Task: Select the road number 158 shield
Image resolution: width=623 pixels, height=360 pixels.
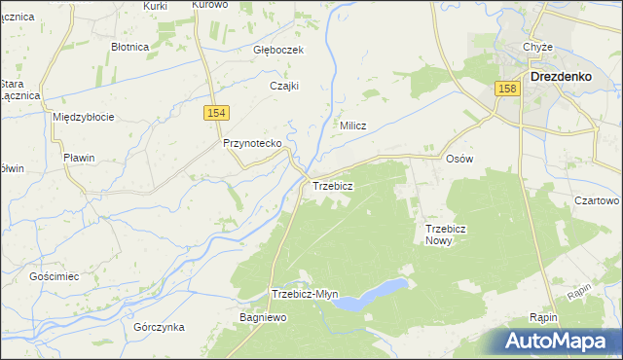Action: (507, 89)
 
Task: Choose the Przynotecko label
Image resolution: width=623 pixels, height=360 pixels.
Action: (252, 143)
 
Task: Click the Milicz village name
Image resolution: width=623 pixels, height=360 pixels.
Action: (352, 126)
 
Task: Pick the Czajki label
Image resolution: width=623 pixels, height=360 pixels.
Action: (283, 86)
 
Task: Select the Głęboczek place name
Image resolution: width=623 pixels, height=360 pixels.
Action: (280, 50)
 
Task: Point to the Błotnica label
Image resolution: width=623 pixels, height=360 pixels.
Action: (129, 46)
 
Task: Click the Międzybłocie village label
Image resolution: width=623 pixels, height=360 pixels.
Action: (84, 117)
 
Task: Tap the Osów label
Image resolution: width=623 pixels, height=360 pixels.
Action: (458, 159)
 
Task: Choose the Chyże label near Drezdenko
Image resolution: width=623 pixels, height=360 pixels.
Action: (537, 48)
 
